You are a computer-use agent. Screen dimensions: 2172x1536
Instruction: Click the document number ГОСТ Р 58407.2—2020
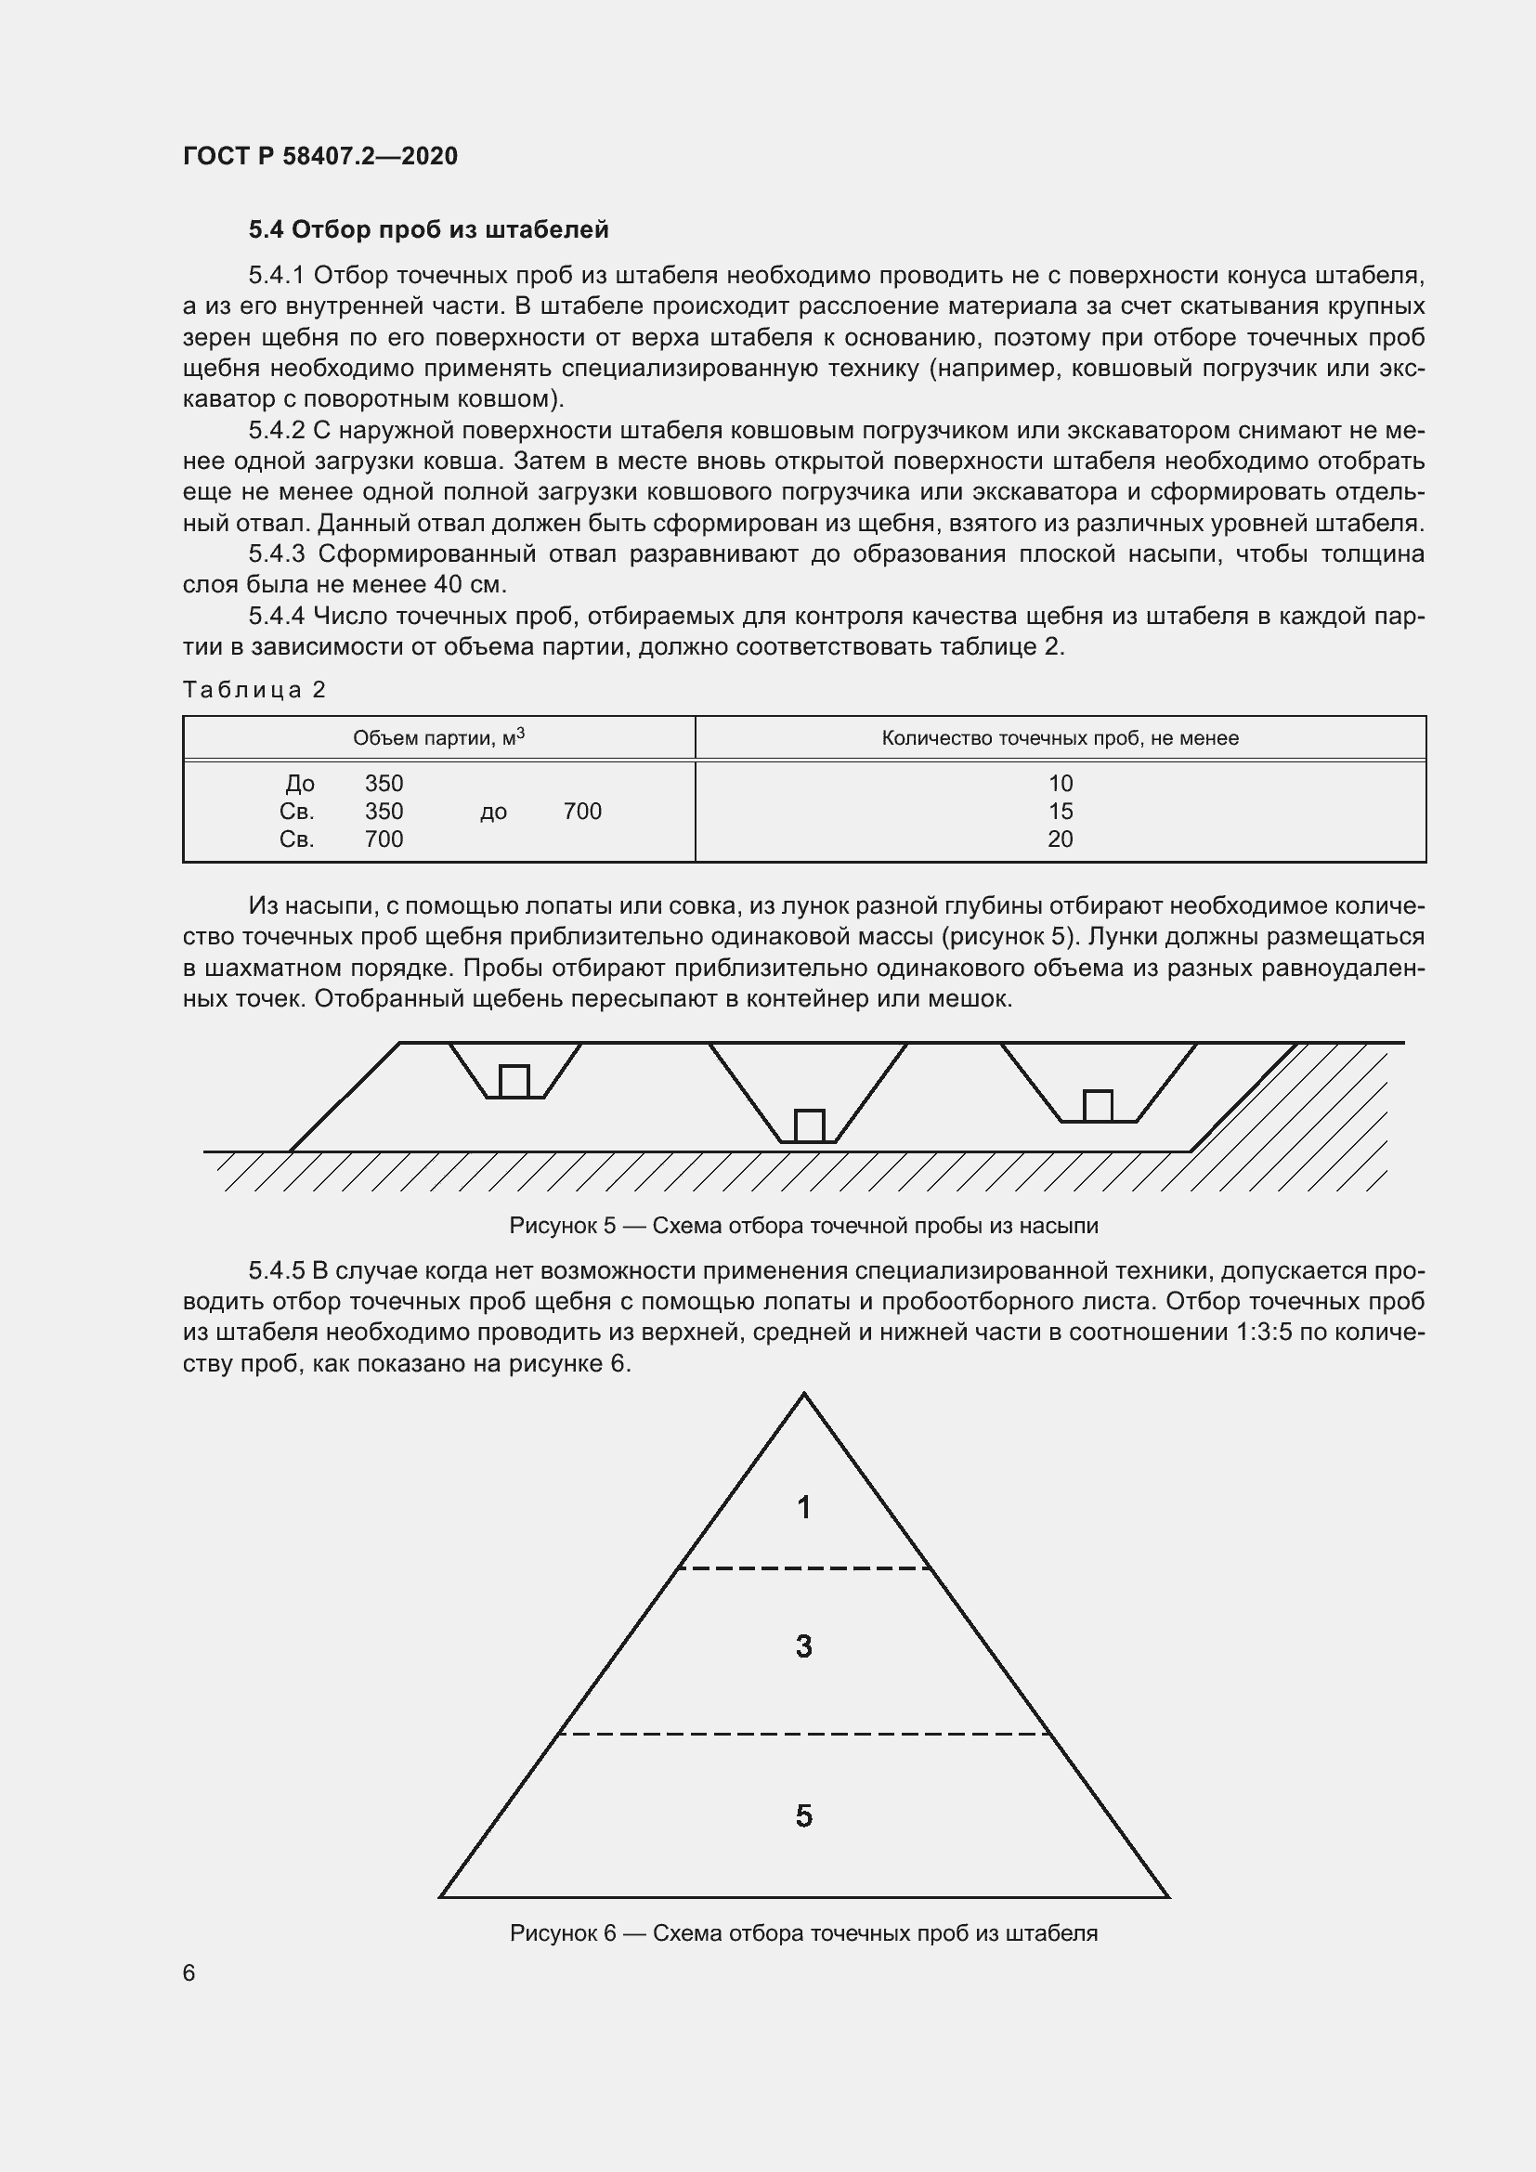[x=319, y=156]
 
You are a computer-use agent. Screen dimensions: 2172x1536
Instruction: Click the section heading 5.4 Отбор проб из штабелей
[x=428, y=230]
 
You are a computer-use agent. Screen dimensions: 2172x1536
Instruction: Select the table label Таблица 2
[x=254, y=690]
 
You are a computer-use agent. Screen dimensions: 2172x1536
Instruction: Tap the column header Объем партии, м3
[x=439, y=738]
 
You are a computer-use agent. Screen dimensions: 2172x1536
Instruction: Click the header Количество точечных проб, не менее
[x=1060, y=738]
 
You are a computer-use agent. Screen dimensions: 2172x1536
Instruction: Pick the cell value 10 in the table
[x=1060, y=784]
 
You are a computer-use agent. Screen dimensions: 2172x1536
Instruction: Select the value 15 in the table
[x=1060, y=811]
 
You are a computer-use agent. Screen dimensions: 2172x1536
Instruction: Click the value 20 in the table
[x=1060, y=839]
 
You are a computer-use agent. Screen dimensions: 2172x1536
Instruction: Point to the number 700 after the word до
[x=581, y=811]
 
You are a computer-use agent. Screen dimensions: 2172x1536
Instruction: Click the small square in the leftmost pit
[x=514, y=1081]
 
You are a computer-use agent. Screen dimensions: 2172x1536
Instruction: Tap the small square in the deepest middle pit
[x=809, y=1125]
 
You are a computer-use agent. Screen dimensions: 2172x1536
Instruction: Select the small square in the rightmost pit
[x=1097, y=1106]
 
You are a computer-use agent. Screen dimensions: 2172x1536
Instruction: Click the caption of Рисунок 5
[x=803, y=1226]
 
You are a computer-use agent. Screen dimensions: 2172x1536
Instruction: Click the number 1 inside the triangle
[x=804, y=1507]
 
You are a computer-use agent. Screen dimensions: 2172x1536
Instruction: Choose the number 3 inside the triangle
[x=804, y=1647]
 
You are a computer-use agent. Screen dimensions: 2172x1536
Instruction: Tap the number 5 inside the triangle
[x=804, y=1816]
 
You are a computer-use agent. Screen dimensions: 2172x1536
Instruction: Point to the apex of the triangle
[x=804, y=1396]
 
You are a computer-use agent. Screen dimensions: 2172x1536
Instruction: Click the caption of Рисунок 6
[x=803, y=1933]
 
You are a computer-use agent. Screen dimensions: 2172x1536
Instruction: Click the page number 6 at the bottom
[x=189, y=1972]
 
